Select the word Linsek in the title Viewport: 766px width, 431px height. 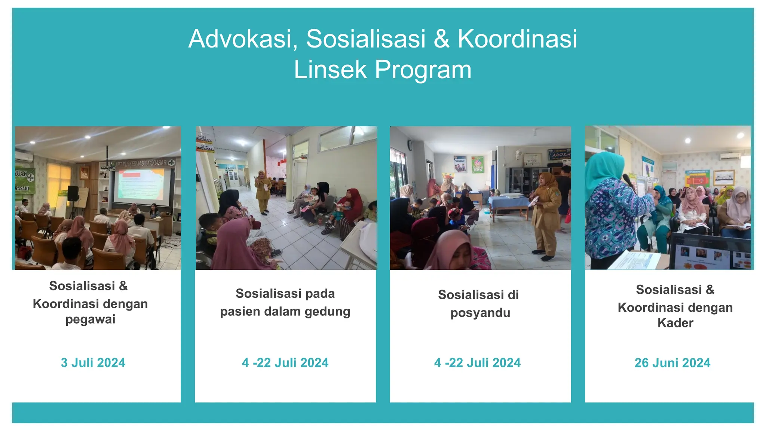pos(330,70)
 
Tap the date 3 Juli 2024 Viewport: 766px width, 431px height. pos(93,363)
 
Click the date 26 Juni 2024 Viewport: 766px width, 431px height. pos(672,363)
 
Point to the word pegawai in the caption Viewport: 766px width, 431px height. pos(90,320)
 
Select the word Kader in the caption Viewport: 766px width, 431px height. pos(675,323)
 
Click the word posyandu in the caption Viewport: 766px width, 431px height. pos(480,313)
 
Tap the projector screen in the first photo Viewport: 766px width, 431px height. pos(143,185)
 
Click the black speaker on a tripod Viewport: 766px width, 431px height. pos(73,193)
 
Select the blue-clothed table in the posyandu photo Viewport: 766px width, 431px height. pos(509,204)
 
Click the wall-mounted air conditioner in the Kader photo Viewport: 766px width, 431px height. pos(730,156)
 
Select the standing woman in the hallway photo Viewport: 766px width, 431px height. pos(263,192)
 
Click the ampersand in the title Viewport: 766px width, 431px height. pos(441,39)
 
